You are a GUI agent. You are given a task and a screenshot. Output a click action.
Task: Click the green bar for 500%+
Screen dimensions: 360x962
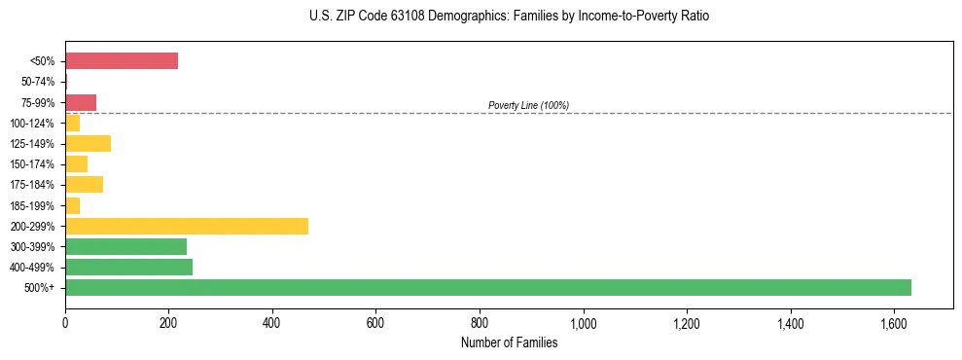[487, 287]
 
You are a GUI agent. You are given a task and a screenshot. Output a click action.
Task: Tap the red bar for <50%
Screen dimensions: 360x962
[122, 61]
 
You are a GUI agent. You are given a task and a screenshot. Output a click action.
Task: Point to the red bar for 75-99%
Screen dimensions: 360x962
[81, 102]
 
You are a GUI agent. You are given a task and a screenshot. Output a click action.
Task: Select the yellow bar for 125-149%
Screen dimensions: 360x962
[88, 144]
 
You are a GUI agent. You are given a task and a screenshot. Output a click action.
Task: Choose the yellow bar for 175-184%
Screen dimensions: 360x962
[84, 185]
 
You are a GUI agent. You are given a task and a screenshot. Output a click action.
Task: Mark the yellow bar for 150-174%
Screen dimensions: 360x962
[76, 164]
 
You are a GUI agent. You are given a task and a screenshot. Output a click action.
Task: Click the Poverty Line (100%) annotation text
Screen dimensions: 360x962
[528, 105]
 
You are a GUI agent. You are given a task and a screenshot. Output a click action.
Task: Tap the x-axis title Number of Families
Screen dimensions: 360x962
[509, 342]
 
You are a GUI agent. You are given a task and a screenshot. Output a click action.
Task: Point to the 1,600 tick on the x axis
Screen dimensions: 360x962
[894, 322]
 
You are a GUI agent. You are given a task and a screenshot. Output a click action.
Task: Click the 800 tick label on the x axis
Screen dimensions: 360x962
[480, 322]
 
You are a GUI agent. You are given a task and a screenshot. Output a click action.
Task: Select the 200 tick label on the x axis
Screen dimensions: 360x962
[168, 322]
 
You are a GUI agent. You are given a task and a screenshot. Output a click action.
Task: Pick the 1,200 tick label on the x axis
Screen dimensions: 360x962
[687, 322]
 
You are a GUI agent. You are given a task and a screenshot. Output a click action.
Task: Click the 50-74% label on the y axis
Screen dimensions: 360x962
[39, 82]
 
